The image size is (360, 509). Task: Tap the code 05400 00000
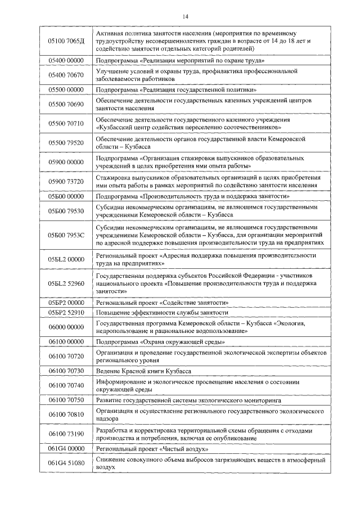click(66, 60)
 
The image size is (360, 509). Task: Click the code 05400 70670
click(66, 75)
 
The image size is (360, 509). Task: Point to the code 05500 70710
click(66, 123)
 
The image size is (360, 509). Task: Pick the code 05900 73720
click(66, 181)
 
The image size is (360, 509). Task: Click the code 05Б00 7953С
click(66, 235)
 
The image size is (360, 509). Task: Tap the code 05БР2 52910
click(66, 312)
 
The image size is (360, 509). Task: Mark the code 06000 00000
click(66, 327)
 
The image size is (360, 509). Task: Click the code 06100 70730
click(66, 371)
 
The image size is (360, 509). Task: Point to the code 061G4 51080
click(66, 463)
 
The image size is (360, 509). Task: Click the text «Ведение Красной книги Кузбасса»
click(143, 371)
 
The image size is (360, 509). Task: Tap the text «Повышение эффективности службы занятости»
click(162, 312)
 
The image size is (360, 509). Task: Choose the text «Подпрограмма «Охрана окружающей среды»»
click(160, 341)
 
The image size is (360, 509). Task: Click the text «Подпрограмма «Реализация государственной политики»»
click(177, 89)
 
